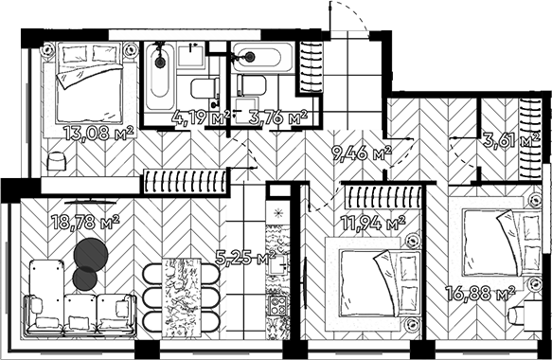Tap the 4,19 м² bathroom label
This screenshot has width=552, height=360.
click(201, 118)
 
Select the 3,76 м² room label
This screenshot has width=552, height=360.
click(277, 118)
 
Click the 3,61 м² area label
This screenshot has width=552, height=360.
click(510, 140)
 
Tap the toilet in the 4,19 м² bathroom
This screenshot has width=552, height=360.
click(204, 92)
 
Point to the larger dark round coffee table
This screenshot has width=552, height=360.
click(91, 253)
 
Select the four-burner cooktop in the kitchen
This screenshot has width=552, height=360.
click(278, 305)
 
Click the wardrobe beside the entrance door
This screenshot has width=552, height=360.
click(309, 64)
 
